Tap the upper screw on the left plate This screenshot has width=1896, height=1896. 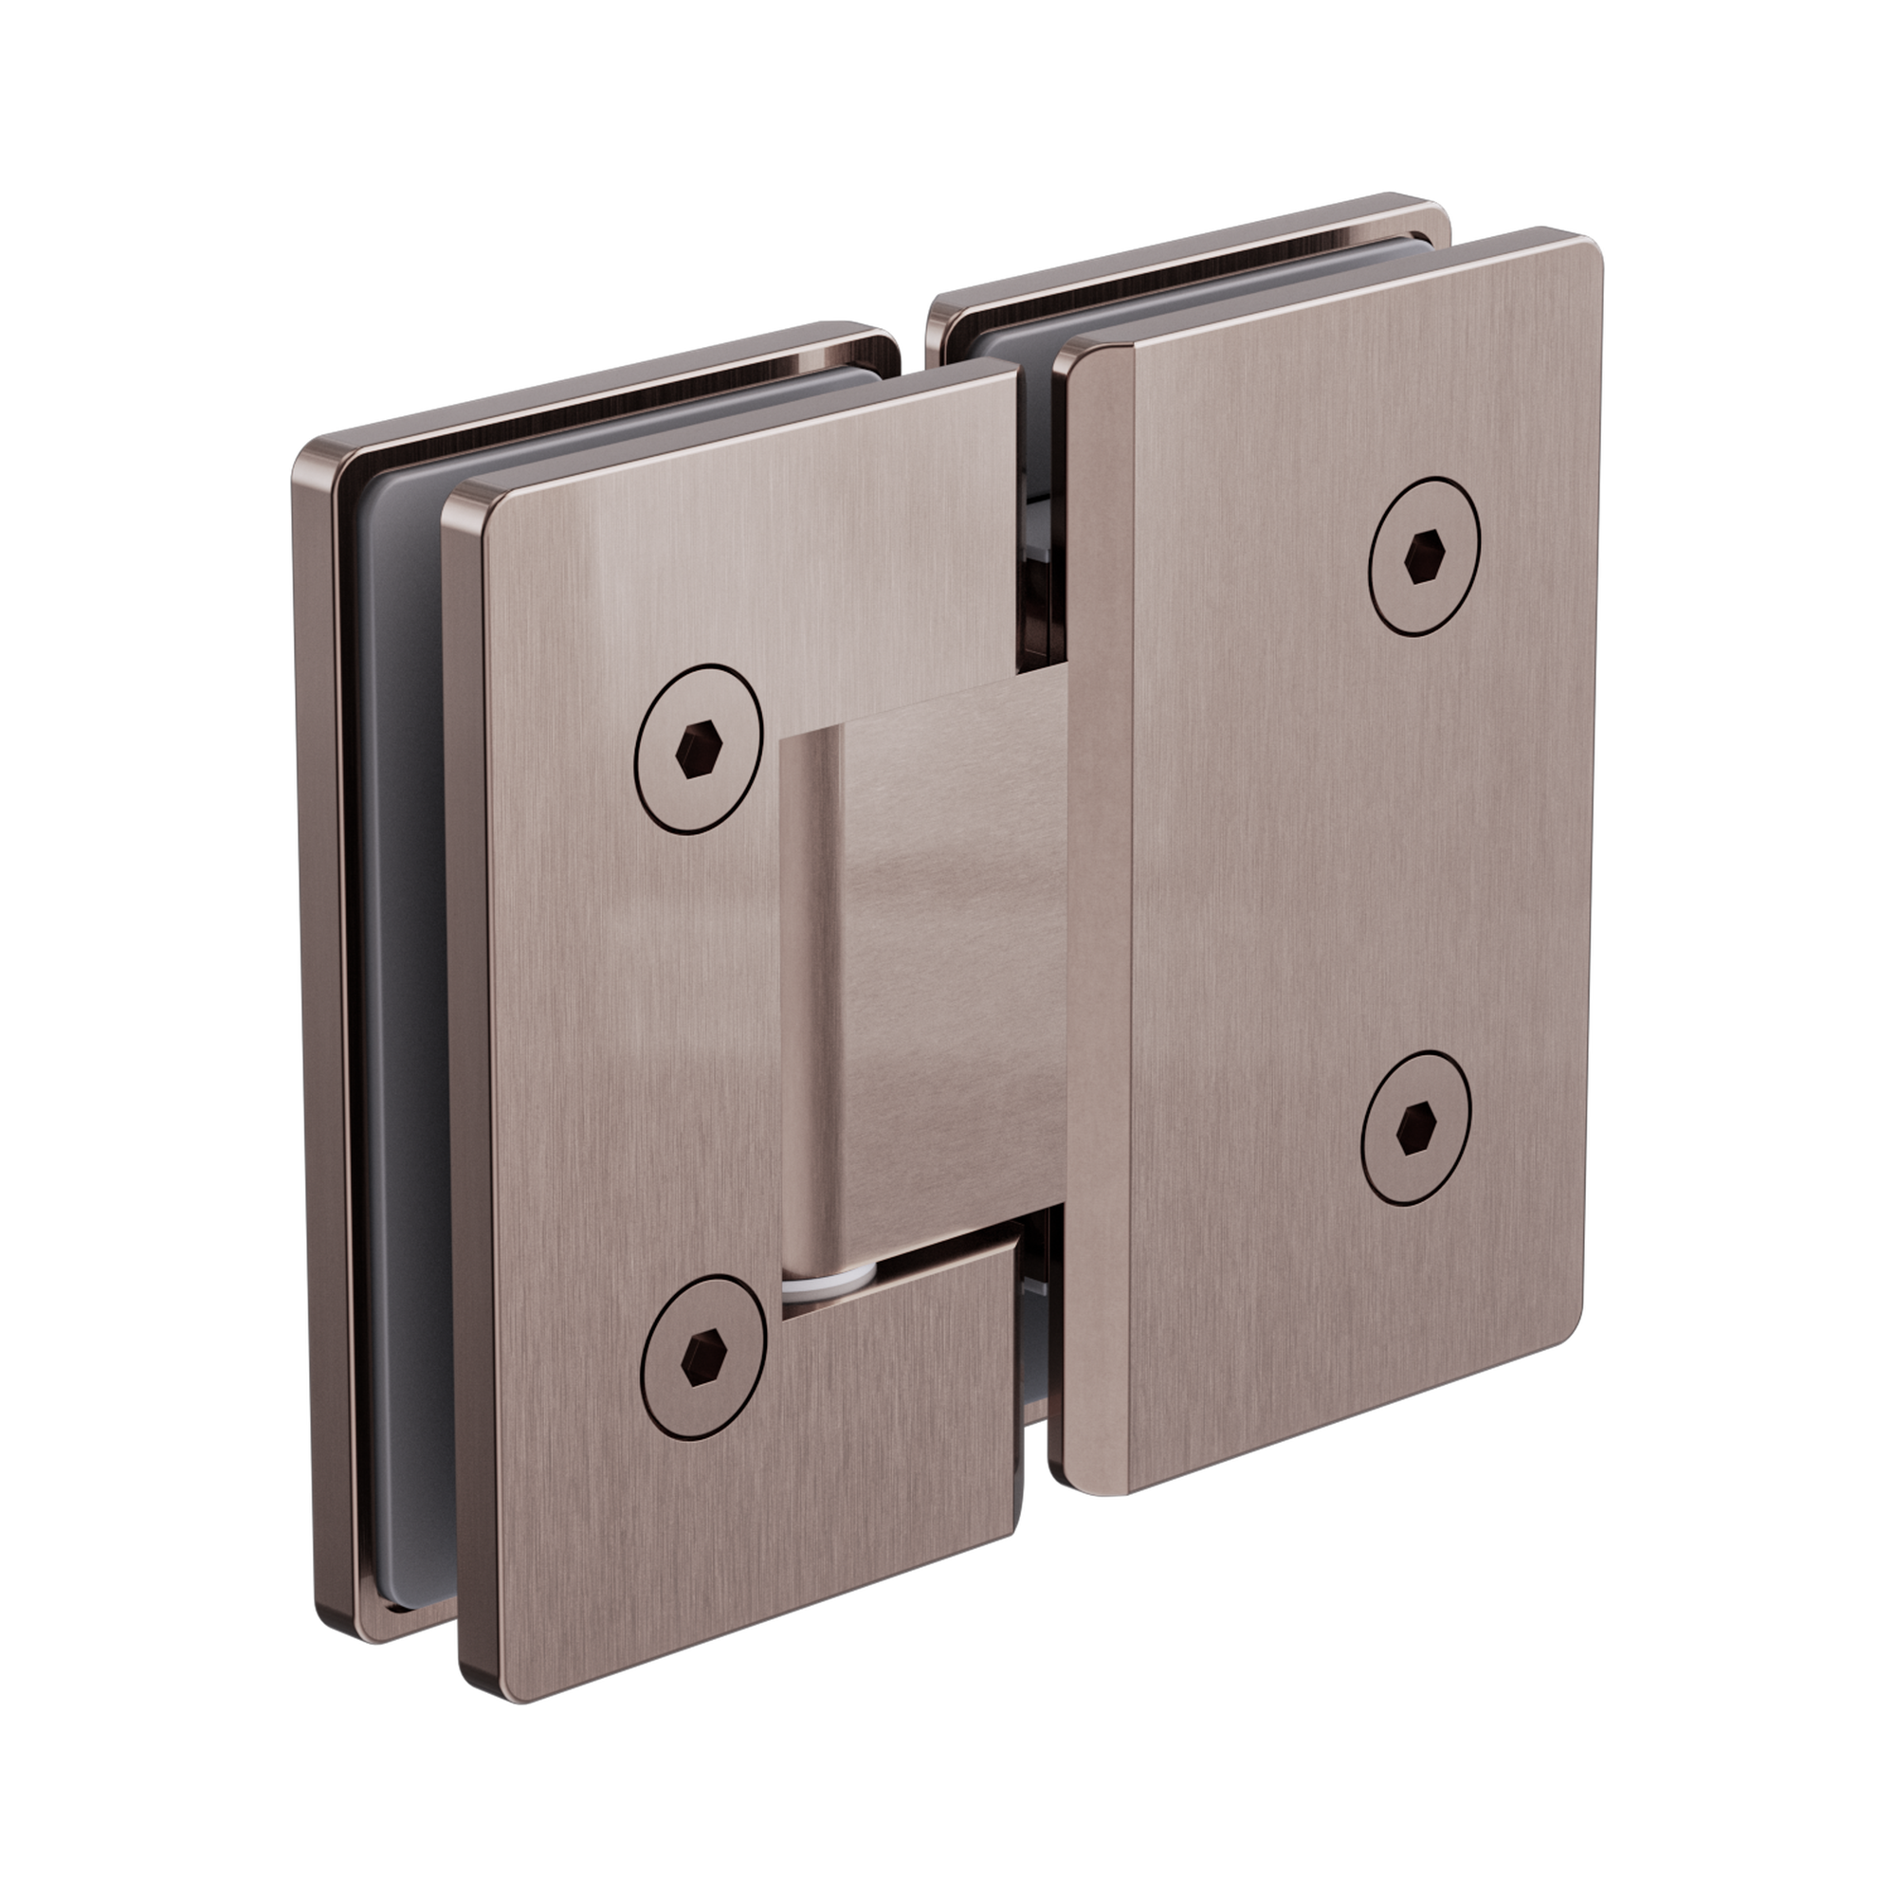(x=699, y=750)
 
